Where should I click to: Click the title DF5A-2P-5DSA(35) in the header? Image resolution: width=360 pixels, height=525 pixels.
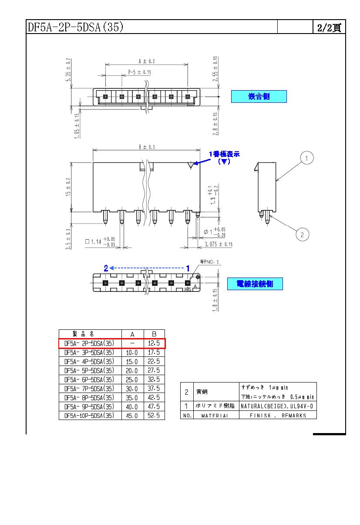pos(76,27)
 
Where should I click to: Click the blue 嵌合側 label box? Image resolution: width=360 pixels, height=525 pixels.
pos(259,96)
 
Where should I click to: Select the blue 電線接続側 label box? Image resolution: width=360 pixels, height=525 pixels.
pos(255,284)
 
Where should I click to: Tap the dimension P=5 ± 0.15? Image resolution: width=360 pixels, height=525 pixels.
pos(140,72)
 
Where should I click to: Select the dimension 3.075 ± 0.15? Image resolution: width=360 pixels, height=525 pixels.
pos(218,244)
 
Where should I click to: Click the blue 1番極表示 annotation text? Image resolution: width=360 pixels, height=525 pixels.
pos(224,154)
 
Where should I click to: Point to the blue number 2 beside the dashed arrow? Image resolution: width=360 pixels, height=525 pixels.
pos(106,268)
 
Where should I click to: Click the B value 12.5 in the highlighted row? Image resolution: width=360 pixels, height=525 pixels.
pos(154,343)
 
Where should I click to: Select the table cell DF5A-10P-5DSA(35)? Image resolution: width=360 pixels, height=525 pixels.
pos(89,416)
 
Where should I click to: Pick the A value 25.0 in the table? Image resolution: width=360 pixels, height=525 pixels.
pos(131,380)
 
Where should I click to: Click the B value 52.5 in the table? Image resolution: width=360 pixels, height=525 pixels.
pos(154,416)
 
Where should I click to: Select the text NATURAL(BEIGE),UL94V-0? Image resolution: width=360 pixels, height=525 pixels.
pos(277,406)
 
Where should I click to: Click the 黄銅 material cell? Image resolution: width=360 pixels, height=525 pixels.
pos(202,392)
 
